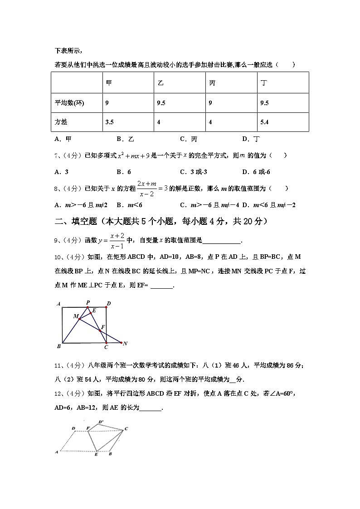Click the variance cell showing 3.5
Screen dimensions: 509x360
[x=109, y=122]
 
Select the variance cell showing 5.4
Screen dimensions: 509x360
[x=265, y=122]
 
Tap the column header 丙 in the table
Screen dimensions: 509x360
[x=212, y=83]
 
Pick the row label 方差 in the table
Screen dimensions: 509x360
[x=60, y=122]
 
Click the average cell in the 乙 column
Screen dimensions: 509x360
[x=161, y=103]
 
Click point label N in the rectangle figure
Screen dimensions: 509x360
[x=125, y=344]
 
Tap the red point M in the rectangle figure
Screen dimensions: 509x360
[x=79, y=319]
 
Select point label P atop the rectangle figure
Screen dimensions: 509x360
[x=88, y=302]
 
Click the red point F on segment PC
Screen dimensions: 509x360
[x=100, y=331]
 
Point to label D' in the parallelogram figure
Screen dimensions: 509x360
[x=101, y=422]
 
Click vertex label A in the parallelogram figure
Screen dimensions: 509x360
[x=57, y=451]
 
